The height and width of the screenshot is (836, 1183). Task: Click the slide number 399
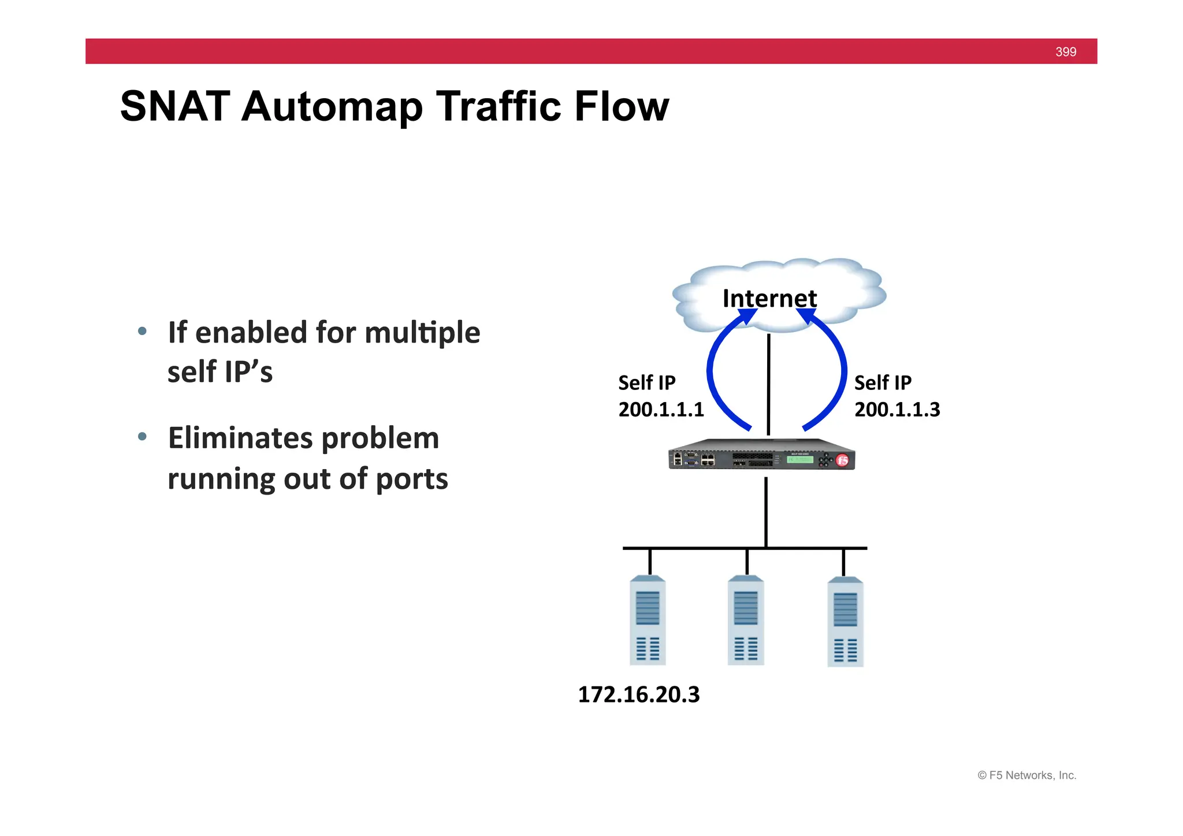[x=1065, y=52]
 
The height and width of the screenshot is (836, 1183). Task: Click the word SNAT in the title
[x=175, y=107]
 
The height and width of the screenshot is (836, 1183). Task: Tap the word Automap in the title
[x=332, y=107]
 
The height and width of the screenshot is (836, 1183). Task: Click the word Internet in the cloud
[x=769, y=298]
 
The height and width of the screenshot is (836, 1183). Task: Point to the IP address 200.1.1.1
[x=661, y=410]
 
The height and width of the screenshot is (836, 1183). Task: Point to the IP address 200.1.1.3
[x=897, y=410]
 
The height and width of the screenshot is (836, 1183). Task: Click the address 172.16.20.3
[x=638, y=694]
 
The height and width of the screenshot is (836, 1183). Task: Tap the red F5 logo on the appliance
[x=843, y=460]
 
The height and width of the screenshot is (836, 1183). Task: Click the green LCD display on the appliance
[x=800, y=459]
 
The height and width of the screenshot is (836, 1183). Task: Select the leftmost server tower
[x=648, y=621]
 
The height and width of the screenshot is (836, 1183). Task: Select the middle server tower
[x=746, y=621]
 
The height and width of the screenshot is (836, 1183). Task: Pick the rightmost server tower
[x=845, y=622]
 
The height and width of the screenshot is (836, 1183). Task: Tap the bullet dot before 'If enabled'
[x=142, y=332]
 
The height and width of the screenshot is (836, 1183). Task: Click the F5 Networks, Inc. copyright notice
[x=1026, y=775]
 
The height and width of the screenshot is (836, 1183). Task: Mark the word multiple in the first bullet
[x=422, y=333]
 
